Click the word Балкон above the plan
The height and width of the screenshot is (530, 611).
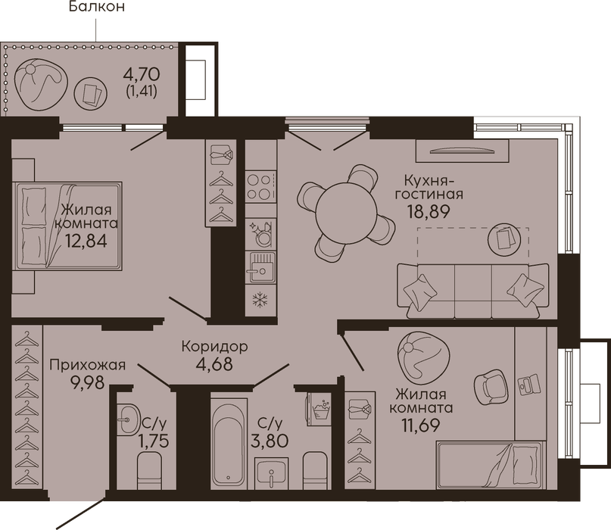(97, 7)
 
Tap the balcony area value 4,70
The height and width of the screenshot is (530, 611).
(142, 73)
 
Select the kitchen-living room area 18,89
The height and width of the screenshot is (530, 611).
(429, 211)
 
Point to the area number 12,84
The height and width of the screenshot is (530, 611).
(86, 241)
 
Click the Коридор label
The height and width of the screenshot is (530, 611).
(215, 346)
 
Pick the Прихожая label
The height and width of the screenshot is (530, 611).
(88, 365)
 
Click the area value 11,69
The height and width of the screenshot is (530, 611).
(420, 425)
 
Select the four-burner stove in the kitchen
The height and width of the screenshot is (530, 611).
(260, 187)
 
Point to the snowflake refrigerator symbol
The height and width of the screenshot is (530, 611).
(260, 300)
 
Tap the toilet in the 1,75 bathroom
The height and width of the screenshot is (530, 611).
(150, 470)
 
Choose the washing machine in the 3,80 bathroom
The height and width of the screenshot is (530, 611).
(319, 409)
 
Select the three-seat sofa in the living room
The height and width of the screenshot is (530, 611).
(473, 290)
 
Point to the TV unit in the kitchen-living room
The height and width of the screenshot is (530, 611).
(462, 151)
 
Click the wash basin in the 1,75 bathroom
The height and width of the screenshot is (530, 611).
(128, 419)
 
